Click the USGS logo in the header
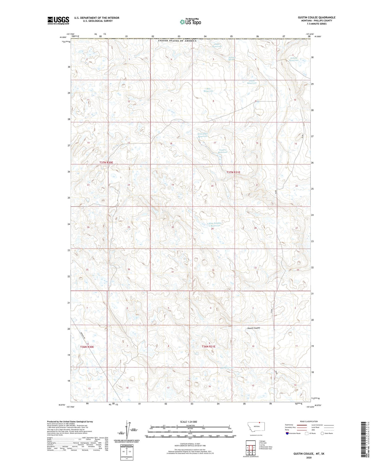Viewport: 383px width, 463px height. pos(58,20)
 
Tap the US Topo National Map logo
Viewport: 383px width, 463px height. pos(190,22)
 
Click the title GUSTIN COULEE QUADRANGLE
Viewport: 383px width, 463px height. pos(316,18)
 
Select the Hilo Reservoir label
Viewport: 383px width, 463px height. pos(209,90)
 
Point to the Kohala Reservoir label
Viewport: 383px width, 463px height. pos(294,59)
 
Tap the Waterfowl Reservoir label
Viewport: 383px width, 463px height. pos(203,135)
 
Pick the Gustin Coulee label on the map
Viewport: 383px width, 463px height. pos(254,328)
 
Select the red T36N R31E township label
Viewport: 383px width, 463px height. pos(209,347)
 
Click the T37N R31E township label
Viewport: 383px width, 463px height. pos(233,172)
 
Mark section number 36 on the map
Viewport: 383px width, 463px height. pos(129,269)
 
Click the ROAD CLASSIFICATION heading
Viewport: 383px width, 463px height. pos(309,421)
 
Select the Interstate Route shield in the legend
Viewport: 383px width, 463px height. pos(288,433)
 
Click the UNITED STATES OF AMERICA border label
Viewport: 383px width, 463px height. pos(177,41)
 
